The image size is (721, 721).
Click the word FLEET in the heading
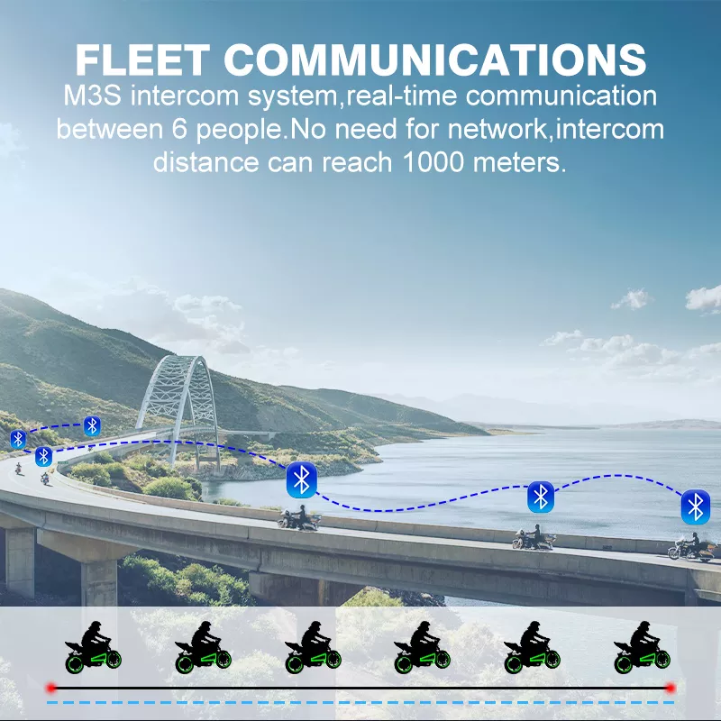pos(142,59)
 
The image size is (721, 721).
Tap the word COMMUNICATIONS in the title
pos(435,59)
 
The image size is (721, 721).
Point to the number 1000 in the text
pos(434,162)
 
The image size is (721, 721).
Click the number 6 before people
pos(179,129)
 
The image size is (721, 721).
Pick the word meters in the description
pos(519,162)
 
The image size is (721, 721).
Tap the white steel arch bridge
pos(179,409)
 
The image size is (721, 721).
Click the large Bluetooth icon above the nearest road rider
pos(301,480)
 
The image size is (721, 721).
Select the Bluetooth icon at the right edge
pos(695,507)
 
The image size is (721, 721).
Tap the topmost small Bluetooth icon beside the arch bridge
pos(92,426)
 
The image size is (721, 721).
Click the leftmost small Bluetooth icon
pos(18,440)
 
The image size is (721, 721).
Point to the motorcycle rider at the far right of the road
pos(692,547)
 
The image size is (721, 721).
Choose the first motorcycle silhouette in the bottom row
pos(93,647)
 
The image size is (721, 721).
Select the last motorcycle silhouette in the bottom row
pos(642,647)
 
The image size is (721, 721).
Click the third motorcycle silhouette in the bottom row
pos(313,647)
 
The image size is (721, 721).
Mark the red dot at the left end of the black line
pos(51,688)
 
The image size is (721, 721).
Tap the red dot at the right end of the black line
pos(671,688)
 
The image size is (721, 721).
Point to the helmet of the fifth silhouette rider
pos(534,625)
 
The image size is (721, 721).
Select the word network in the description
pos(497,129)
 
